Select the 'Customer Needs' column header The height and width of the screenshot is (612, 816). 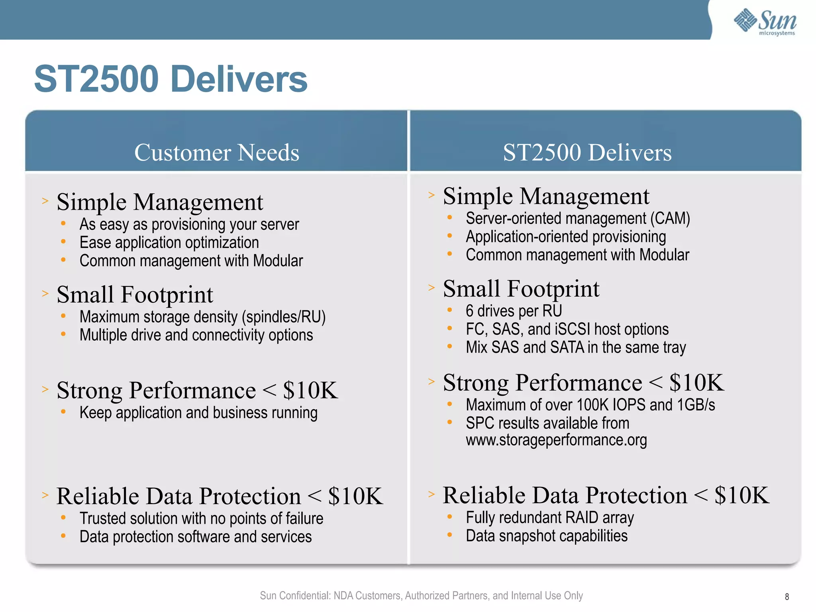(216, 153)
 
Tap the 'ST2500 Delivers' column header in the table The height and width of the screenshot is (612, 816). (587, 153)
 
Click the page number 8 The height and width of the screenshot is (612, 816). (787, 596)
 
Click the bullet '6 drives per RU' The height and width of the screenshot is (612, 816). (514, 311)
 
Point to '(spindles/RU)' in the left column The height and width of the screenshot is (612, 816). (284, 317)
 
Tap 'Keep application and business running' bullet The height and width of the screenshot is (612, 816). (198, 413)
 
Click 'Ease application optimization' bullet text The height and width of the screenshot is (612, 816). (169, 243)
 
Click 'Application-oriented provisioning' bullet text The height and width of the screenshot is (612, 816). (566, 237)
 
